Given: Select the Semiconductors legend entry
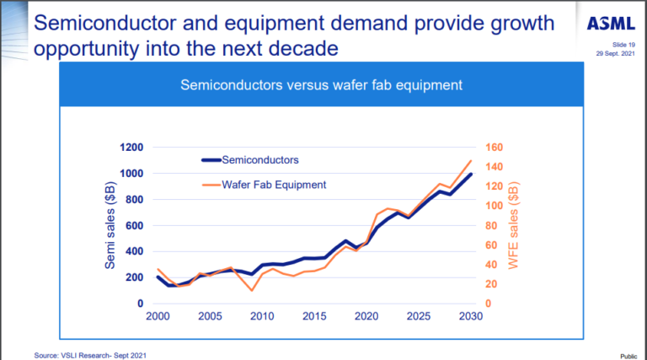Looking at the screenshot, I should (x=259, y=159).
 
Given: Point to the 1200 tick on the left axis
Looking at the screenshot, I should (x=131, y=148).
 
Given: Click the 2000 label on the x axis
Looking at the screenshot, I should (x=158, y=316).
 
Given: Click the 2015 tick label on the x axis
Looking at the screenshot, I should (x=314, y=316).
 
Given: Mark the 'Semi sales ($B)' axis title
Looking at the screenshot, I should (x=110, y=225).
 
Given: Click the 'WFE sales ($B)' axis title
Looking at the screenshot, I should (x=513, y=226).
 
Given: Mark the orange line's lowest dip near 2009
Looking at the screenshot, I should (x=252, y=291).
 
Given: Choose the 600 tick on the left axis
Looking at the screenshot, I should (x=134, y=225).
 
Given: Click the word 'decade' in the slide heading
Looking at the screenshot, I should (x=295, y=49).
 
